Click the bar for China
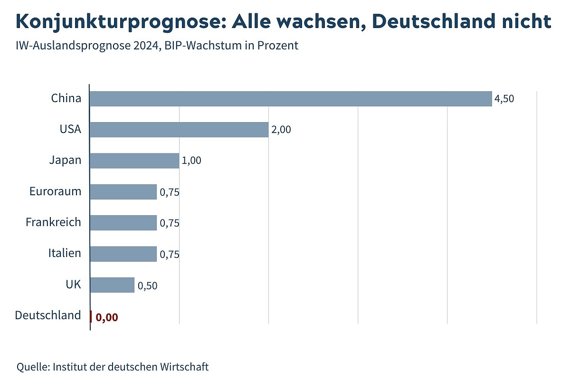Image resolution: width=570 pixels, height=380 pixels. (x=290, y=99)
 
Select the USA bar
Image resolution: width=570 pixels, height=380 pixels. (x=179, y=130)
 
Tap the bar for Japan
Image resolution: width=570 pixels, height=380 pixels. (x=134, y=161)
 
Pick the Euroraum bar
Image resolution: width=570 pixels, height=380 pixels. (x=123, y=192)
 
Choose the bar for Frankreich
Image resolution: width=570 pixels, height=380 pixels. (x=123, y=223)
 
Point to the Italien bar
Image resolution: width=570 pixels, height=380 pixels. (x=123, y=254)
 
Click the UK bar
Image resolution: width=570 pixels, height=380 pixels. (x=112, y=285)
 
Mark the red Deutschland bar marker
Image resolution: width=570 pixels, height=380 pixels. (x=91, y=316)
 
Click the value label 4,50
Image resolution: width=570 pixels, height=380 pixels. (x=504, y=99)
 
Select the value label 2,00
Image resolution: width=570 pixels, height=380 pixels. (x=281, y=130)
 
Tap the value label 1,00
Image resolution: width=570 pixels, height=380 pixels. (x=191, y=161)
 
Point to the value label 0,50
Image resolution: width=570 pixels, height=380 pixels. (x=147, y=286)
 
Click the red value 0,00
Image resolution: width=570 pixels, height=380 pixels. (x=106, y=317)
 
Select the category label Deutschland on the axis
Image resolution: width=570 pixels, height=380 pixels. (x=48, y=315)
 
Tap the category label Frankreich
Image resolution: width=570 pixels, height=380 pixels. (x=53, y=222)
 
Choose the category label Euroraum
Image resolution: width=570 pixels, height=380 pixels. (x=55, y=191)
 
